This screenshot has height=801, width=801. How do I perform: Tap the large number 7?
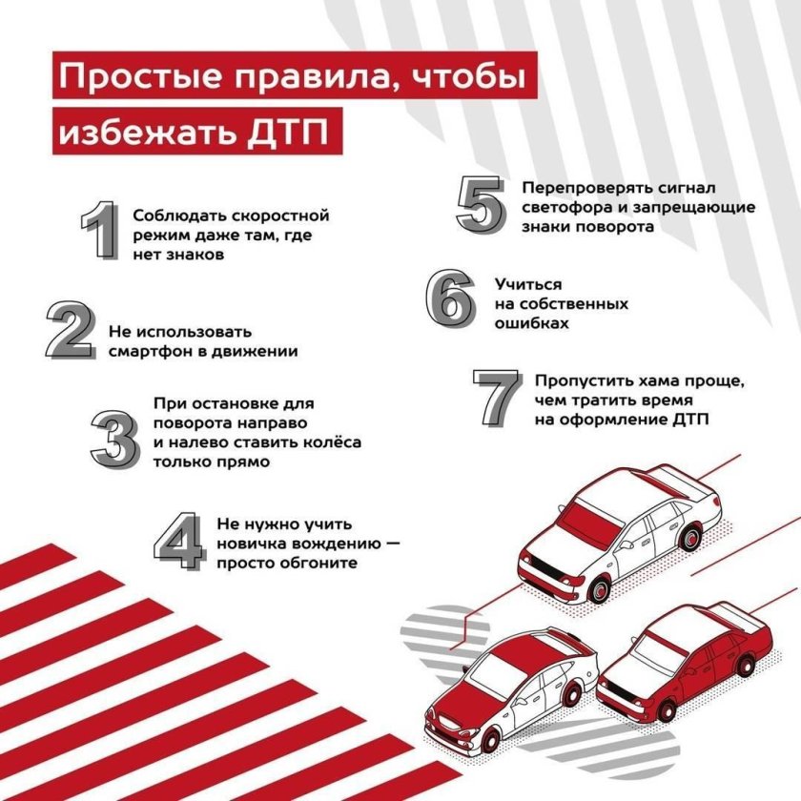pos(497,397)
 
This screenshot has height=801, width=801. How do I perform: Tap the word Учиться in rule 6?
pos(528,284)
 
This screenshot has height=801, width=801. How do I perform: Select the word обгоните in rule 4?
pos(318,563)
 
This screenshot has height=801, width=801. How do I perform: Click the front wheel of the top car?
pos(600,590)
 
